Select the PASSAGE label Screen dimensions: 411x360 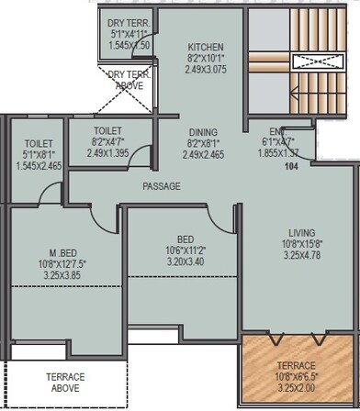pyautogui.click(x=161, y=186)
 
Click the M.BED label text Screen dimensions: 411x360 pyautogui.click(x=64, y=253)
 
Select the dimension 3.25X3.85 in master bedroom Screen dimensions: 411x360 pyautogui.click(x=64, y=273)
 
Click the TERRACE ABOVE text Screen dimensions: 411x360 pyautogui.click(x=65, y=383)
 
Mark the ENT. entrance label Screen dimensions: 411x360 pyautogui.click(x=278, y=131)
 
